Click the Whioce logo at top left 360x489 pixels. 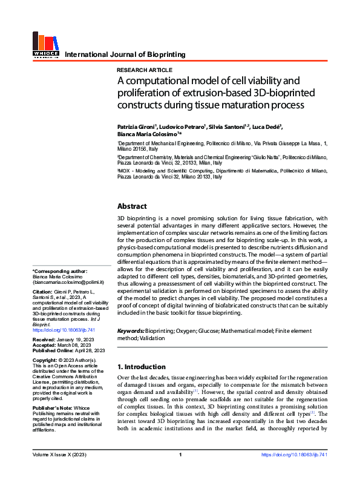tap(45, 45)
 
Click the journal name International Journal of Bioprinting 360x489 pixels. tap(125, 54)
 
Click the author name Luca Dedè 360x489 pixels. tap(267, 126)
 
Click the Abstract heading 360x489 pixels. tap(132, 206)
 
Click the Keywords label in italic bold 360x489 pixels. tap(131, 331)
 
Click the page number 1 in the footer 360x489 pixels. tap(180, 471)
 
